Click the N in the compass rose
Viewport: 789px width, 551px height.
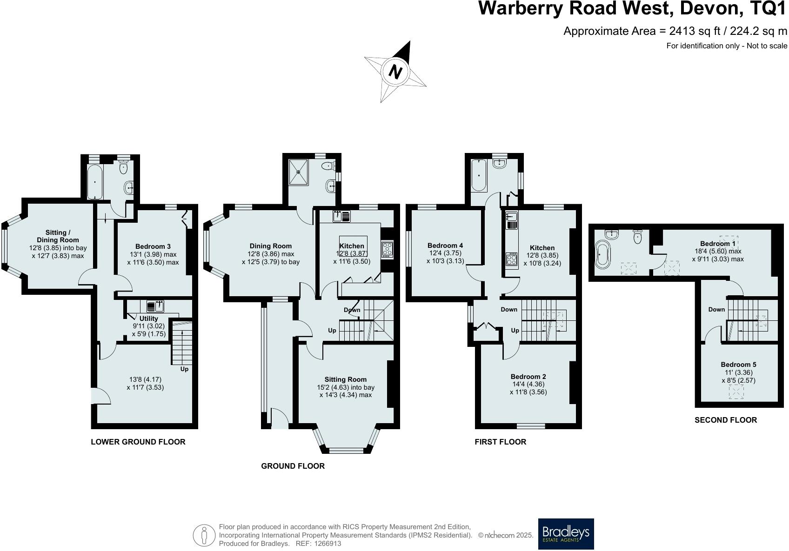coord(395,73)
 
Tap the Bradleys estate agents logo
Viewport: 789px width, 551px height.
coord(566,533)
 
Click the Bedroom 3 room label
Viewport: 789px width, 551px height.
coord(153,246)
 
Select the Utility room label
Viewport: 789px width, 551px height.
coord(149,319)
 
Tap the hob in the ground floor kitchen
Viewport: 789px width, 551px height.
coord(387,250)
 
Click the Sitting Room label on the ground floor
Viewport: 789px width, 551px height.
coord(346,379)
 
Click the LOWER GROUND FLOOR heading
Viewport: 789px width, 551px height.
coord(138,442)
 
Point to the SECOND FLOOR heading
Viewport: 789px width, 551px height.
coord(725,420)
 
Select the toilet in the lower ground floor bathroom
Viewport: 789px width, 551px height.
coord(124,167)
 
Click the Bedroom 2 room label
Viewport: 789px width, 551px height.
coord(528,377)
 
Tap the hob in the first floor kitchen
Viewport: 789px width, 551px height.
coord(511,259)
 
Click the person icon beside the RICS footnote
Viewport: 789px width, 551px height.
coord(204,535)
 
